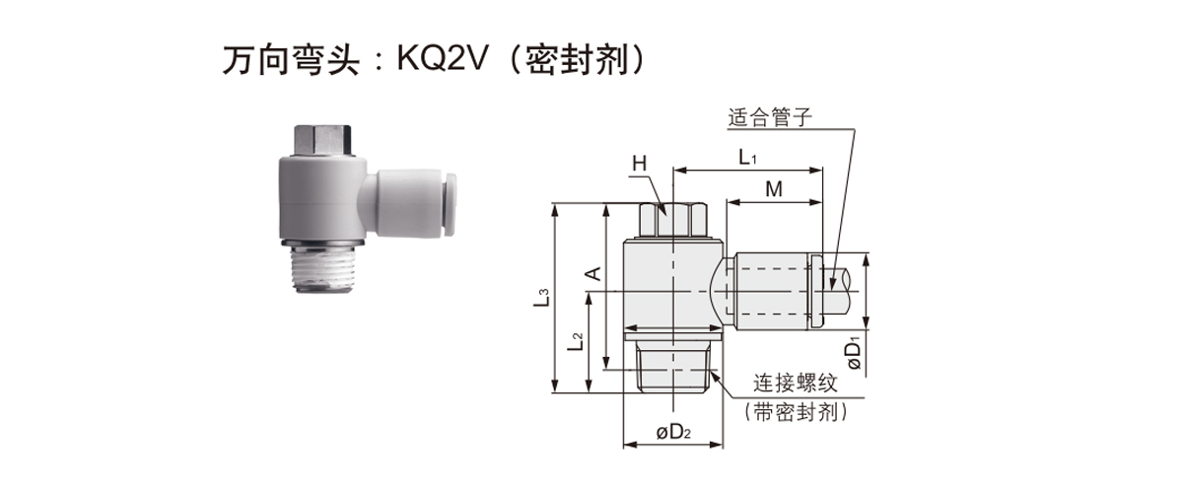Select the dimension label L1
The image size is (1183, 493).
pyautogui.click(x=746, y=157)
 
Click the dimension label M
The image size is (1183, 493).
pyautogui.click(x=774, y=189)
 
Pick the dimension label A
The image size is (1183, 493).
pyautogui.click(x=593, y=272)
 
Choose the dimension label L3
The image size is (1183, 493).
pyautogui.click(x=541, y=297)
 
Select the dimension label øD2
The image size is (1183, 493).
pyautogui.click(x=673, y=432)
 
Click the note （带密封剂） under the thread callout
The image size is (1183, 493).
pyautogui.click(x=797, y=412)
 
